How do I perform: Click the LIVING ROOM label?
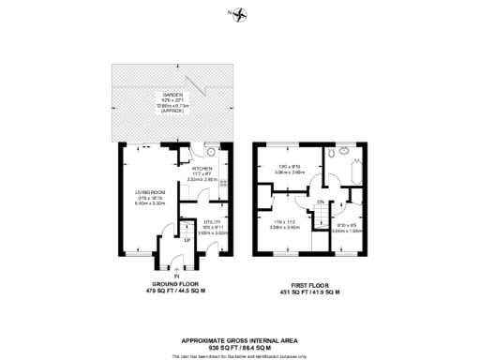(x=150, y=195)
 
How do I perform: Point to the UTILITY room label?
(x=212, y=222)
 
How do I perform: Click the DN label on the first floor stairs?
(x=321, y=202)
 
